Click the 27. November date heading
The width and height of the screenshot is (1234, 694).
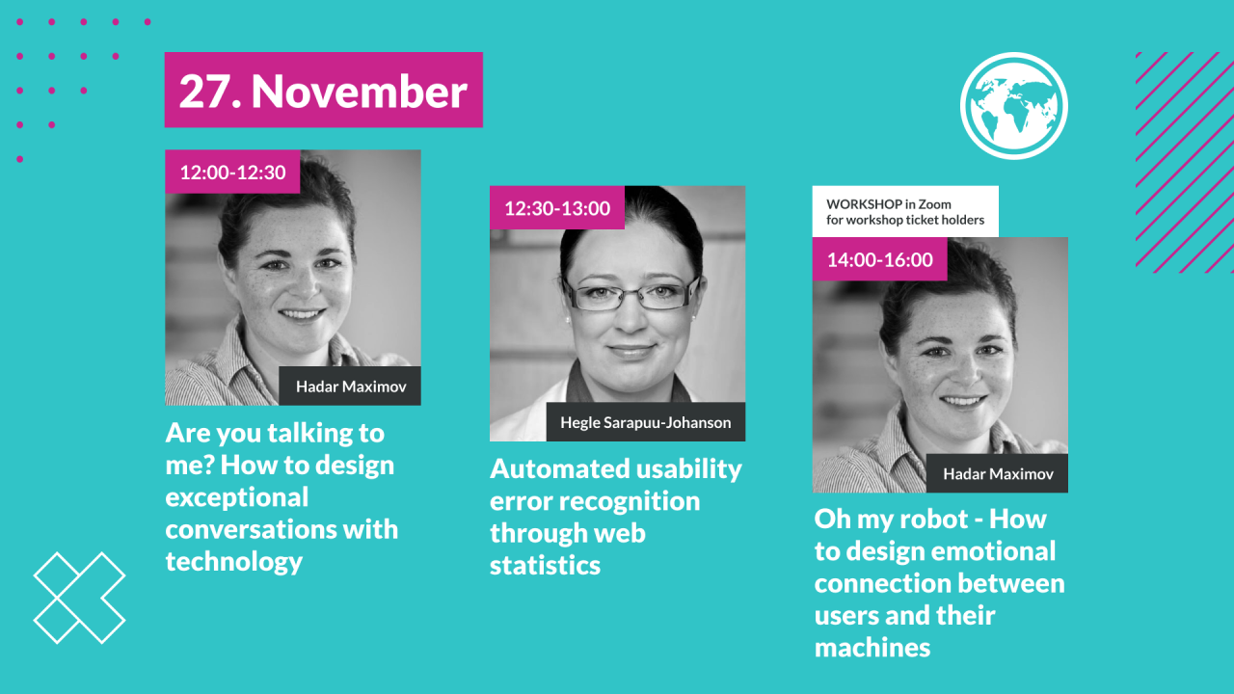click(323, 90)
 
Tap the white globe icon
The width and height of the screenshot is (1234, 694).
click(1013, 106)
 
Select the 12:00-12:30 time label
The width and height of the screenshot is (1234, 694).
click(232, 173)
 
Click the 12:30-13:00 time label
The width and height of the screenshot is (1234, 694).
click(557, 208)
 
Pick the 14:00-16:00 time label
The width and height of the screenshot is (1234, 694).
click(880, 259)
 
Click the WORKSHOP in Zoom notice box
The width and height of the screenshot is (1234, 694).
click(905, 211)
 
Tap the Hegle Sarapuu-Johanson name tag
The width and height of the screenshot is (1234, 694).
click(646, 422)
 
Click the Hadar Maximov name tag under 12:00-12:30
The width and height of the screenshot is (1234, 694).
click(350, 387)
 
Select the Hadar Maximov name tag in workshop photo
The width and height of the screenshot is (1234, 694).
click(998, 473)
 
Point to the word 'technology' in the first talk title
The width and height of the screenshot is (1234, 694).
click(234, 562)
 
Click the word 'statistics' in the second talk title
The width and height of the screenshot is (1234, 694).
click(545, 566)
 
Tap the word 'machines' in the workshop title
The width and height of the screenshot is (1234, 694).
click(872, 648)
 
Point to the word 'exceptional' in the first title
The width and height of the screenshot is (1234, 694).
click(236, 498)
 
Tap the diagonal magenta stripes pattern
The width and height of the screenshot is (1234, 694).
click(1185, 163)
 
